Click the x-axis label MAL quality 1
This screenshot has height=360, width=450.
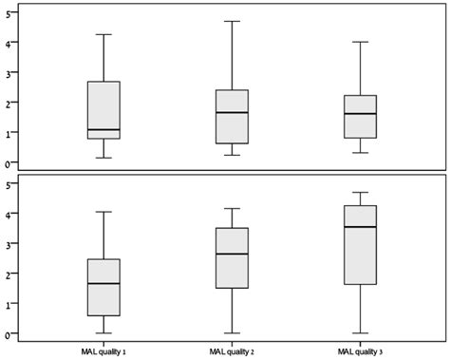point(103,351)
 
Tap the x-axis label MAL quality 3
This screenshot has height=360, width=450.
point(362,351)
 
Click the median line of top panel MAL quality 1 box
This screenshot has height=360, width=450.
point(103,129)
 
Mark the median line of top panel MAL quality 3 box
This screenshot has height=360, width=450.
point(362,114)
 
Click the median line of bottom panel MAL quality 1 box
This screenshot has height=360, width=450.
point(103,283)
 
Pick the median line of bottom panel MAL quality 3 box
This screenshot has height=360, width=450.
point(362,227)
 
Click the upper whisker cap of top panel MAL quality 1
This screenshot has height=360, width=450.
point(103,34)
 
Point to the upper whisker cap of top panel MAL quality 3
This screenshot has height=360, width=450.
point(362,42)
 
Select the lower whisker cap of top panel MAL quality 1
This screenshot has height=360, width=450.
point(103,158)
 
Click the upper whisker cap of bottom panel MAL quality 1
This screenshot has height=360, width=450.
point(103,212)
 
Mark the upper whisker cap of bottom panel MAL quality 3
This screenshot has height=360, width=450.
point(362,192)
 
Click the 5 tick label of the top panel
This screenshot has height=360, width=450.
point(8,12)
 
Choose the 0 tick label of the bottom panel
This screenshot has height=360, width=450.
point(8,334)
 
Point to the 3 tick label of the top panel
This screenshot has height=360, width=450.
point(8,73)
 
